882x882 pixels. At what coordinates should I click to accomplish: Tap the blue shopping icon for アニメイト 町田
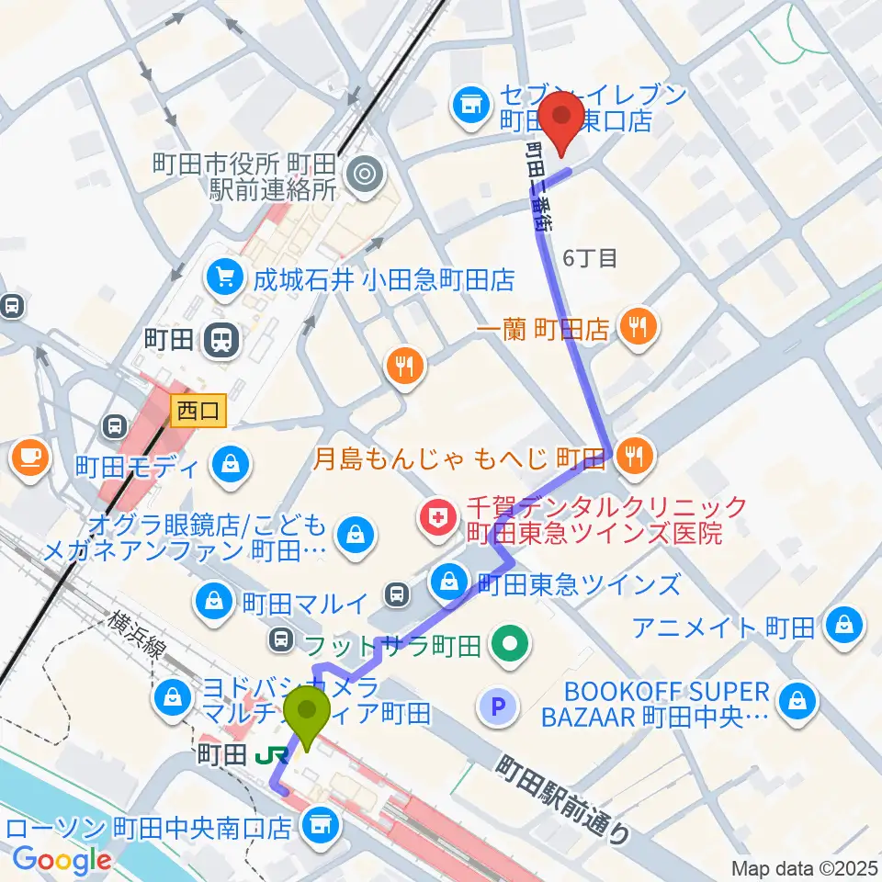[842, 628]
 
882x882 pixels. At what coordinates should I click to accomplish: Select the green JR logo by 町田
[268, 756]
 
